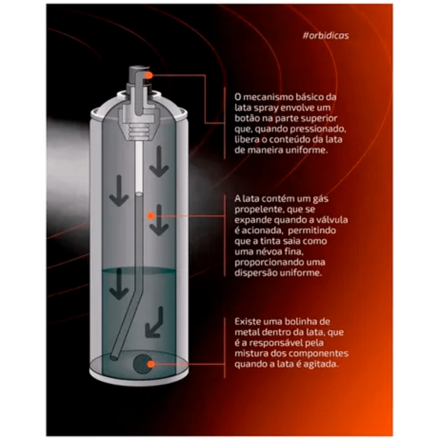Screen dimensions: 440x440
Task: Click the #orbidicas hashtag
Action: click(x=326, y=36)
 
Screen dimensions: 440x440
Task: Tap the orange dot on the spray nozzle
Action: click(x=149, y=75)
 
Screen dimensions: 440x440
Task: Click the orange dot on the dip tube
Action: click(x=151, y=216)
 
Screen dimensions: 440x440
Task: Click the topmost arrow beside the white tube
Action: click(x=159, y=162)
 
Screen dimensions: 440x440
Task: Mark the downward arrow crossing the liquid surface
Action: click(x=119, y=284)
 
